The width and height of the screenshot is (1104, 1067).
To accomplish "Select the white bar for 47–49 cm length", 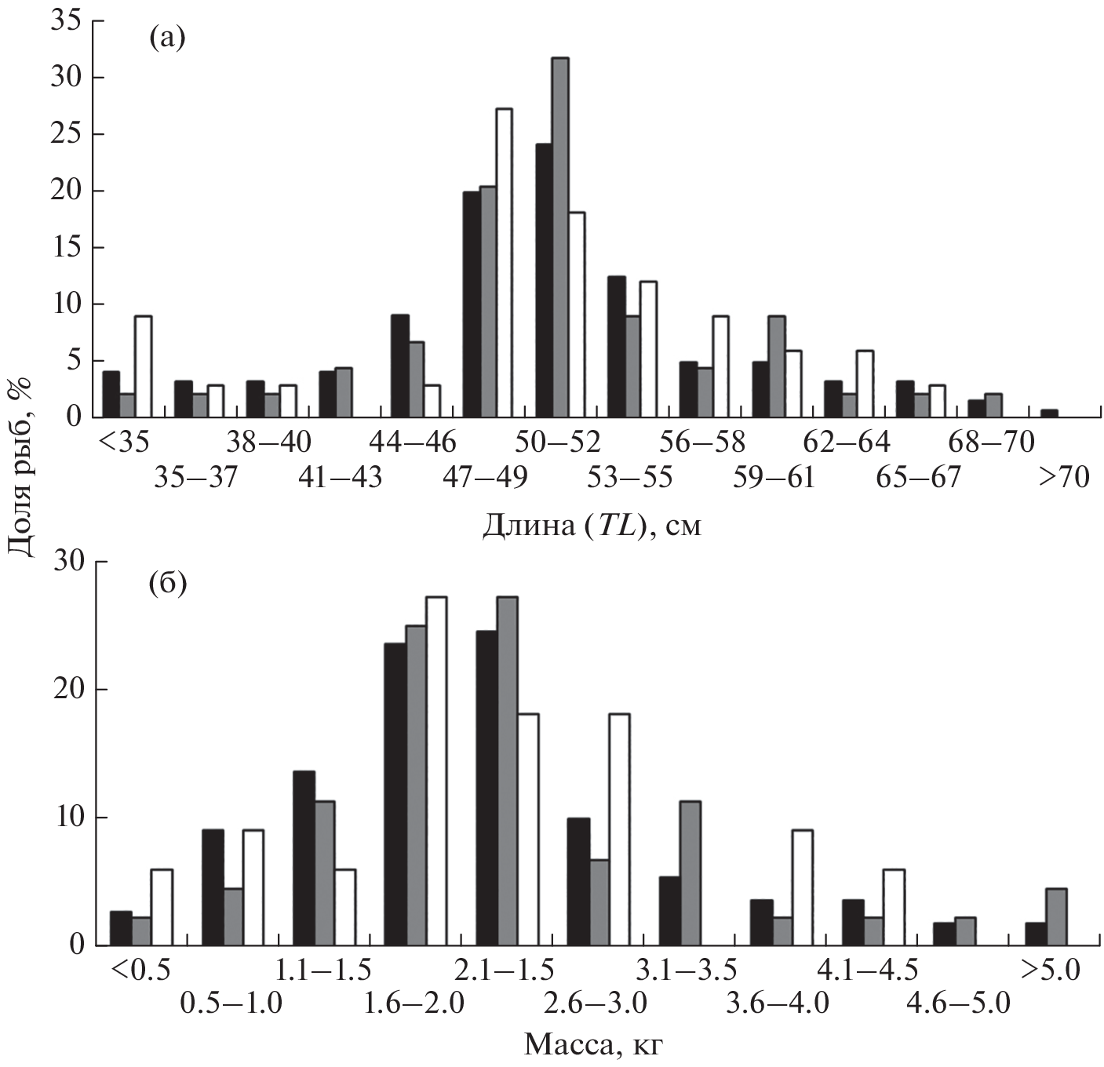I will (504, 263).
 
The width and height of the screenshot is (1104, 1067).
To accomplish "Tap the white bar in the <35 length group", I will (143, 366).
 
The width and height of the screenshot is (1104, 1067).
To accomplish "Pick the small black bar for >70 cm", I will (1049, 413).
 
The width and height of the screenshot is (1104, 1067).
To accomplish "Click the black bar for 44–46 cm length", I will (400, 366).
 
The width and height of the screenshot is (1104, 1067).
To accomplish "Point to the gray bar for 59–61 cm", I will (777, 366).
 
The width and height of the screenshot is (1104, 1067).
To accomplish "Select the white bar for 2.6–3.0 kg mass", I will (619, 829).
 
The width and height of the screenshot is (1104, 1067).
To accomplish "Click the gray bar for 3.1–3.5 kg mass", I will (690, 873).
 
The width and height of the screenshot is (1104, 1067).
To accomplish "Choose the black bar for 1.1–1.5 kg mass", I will (304, 858).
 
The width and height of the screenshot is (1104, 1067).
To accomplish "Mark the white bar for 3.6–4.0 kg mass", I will (802, 887).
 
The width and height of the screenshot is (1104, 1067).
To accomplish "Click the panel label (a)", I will (166, 38).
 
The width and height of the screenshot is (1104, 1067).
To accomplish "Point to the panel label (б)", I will (167, 584).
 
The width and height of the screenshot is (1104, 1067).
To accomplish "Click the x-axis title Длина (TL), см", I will (591, 525).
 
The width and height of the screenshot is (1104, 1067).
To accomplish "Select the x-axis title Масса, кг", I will (598, 1044).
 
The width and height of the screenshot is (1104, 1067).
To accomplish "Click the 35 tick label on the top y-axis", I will (65, 21).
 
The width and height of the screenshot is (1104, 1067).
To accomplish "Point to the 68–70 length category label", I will (991, 442).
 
